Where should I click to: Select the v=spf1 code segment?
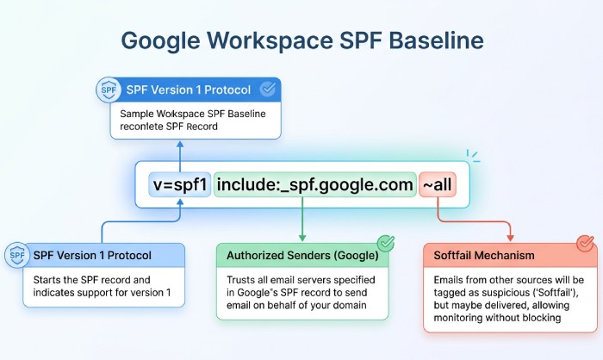click(180, 185)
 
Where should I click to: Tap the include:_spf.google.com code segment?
click(314, 185)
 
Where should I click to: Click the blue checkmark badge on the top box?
click(268, 89)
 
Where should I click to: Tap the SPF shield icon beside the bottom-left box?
click(16, 255)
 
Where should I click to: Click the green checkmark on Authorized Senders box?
click(386, 244)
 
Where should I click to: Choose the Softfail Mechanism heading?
click(485, 256)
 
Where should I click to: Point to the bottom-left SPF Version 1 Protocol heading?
click(92, 256)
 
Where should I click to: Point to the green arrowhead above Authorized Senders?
click(302, 237)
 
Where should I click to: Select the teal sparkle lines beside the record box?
click(472, 158)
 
